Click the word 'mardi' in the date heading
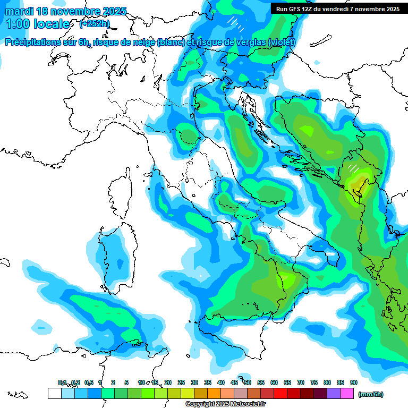(x=19, y=11)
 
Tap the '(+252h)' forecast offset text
(x=95, y=24)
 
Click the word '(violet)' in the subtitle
(x=282, y=42)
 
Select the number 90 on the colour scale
(x=354, y=382)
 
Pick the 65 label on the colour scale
(x=287, y=382)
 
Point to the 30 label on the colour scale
(x=194, y=382)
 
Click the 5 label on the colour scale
(x=126, y=382)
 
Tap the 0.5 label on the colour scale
(x=89, y=382)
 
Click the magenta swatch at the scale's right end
(x=347, y=394)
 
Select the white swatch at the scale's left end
(x=54, y=394)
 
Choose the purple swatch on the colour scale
(x=334, y=394)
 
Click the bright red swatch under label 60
(x=280, y=394)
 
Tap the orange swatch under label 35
(x=214, y=394)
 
